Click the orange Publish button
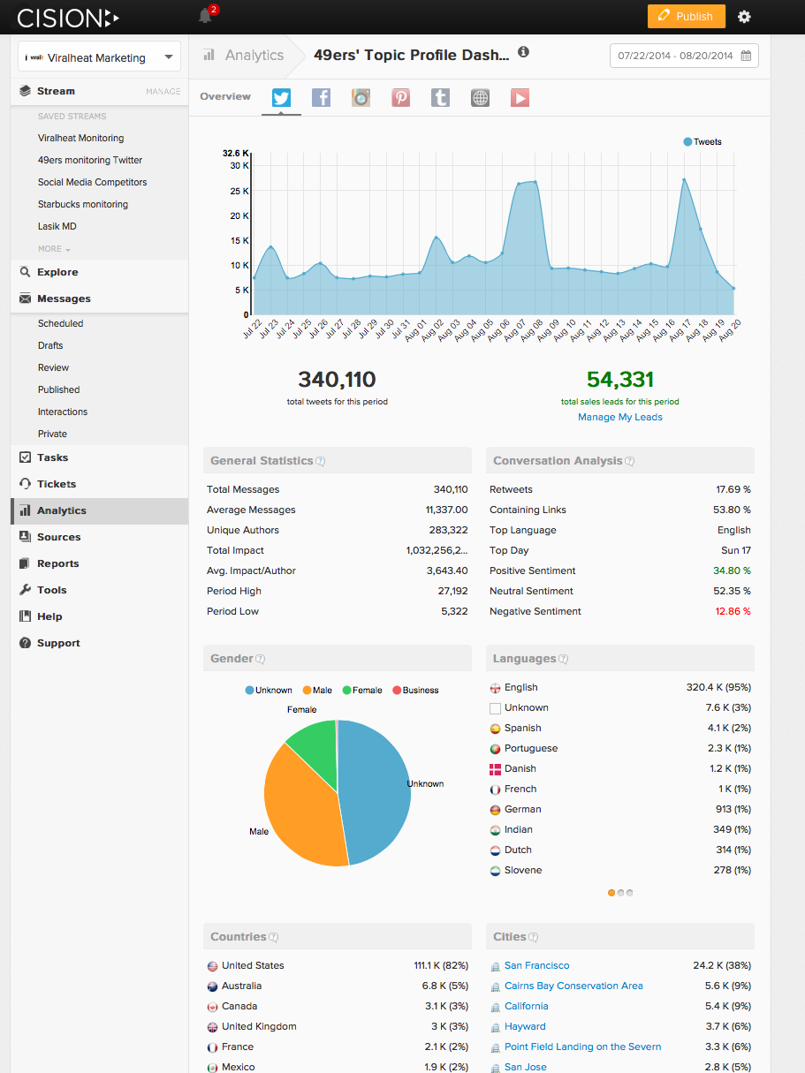coord(686,17)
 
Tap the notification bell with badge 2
coord(206,16)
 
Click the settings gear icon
coord(744,17)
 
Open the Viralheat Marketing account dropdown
coord(99,57)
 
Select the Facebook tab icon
coord(321,97)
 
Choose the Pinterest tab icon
coord(401,97)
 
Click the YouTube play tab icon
coord(520,97)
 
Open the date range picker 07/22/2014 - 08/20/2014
coord(684,56)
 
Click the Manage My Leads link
coord(619,417)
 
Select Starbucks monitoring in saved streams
coord(83,204)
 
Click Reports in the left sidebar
coord(57,563)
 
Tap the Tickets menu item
coord(57,484)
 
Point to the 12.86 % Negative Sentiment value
coord(733,611)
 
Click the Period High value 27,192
coord(447,591)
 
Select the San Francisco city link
coord(536,965)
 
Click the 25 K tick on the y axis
coord(239,191)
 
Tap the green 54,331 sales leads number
coord(619,380)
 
